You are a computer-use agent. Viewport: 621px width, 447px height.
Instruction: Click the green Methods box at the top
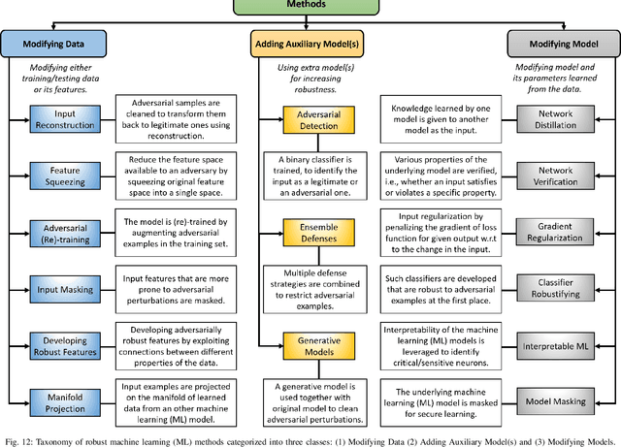pos(310,5)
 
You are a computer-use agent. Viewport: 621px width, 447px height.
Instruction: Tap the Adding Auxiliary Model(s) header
pos(310,45)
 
